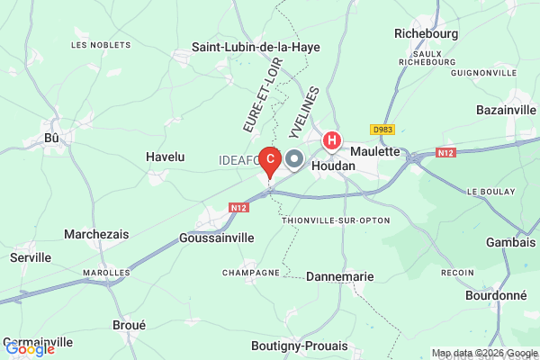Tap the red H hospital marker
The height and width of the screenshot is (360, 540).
(332, 140)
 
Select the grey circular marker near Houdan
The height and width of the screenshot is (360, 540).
(295, 160)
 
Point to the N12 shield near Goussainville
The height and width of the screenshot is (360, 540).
(238, 208)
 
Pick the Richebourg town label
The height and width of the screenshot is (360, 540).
(427, 33)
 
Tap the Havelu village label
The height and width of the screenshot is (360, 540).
(165, 157)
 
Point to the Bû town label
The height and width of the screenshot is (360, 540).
(52, 138)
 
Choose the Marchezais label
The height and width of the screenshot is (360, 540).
(96, 234)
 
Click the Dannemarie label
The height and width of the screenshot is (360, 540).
(339, 277)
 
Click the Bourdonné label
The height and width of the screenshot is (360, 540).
(497, 295)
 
